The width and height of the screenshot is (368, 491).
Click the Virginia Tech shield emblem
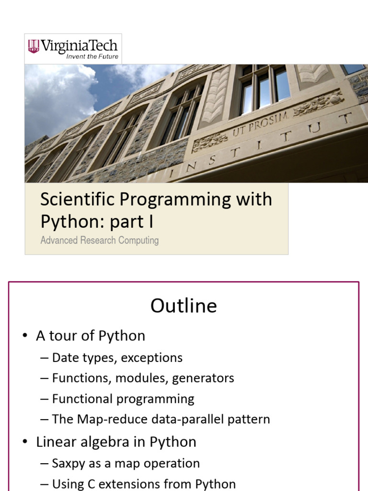(x=34, y=47)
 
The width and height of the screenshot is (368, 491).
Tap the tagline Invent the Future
(x=92, y=57)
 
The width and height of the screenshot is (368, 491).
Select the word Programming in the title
(x=168, y=199)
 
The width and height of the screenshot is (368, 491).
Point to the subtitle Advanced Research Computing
(x=99, y=240)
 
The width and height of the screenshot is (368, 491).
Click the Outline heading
(x=184, y=306)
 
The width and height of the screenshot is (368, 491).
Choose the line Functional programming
(x=123, y=399)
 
